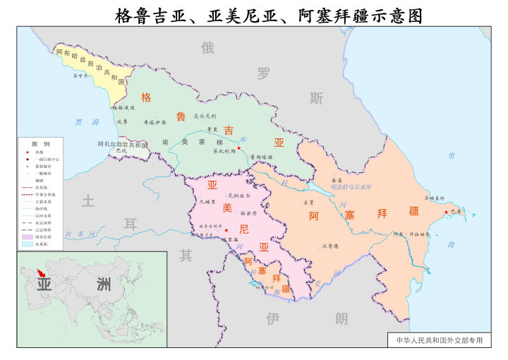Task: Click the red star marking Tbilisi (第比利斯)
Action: [239, 149]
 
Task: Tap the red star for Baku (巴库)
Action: [446, 212]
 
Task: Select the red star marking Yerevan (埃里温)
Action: [226, 231]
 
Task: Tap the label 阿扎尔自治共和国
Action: [122, 144]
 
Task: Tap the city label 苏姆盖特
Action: [433, 198]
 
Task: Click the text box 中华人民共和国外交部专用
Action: [439, 340]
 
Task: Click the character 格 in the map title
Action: [124, 15]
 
